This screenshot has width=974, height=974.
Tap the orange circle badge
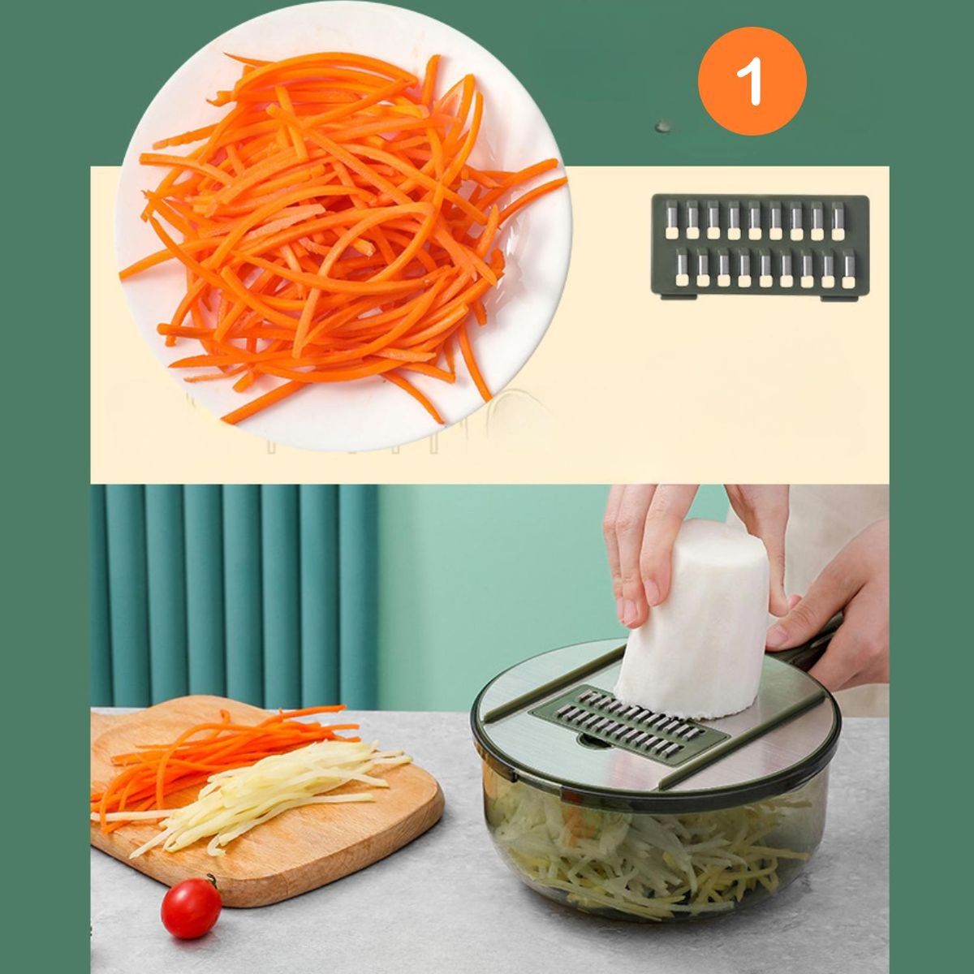tap(752, 81)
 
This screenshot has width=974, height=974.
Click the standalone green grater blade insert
tap(760, 248)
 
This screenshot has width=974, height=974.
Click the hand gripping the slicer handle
tap(829, 606)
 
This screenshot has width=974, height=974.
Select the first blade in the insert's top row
tap(671, 219)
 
